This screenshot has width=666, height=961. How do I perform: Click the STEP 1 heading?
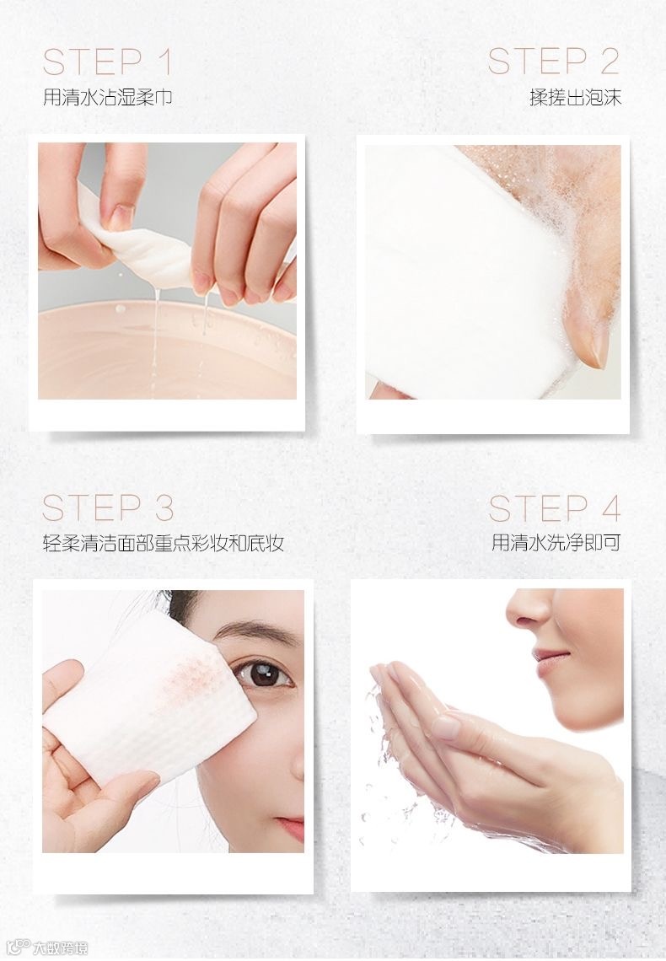pyautogui.click(x=107, y=62)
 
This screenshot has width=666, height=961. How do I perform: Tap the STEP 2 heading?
pyautogui.click(x=554, y=62)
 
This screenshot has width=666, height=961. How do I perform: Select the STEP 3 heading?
pyautogui.click(x=108, y=507)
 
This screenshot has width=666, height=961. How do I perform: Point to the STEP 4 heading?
pyautogui.click(x=555, y=508)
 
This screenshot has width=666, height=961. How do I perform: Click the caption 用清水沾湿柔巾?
pyautogui.click(x=107, y=98)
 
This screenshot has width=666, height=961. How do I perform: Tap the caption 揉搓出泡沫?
pyautogui.click(x=575, y=98)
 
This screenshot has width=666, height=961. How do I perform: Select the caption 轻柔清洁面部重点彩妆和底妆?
pyautogui.click(x=164, y=543)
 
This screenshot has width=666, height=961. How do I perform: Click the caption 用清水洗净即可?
pyautogui.click(x=556, y=542)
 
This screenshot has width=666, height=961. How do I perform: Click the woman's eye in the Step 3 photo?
pyautogui.click(x=266, y=674)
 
